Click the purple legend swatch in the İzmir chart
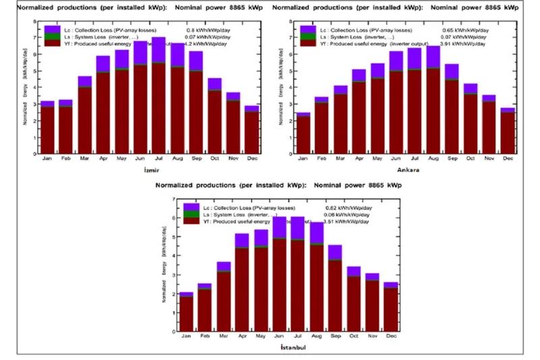click(52, 29)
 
